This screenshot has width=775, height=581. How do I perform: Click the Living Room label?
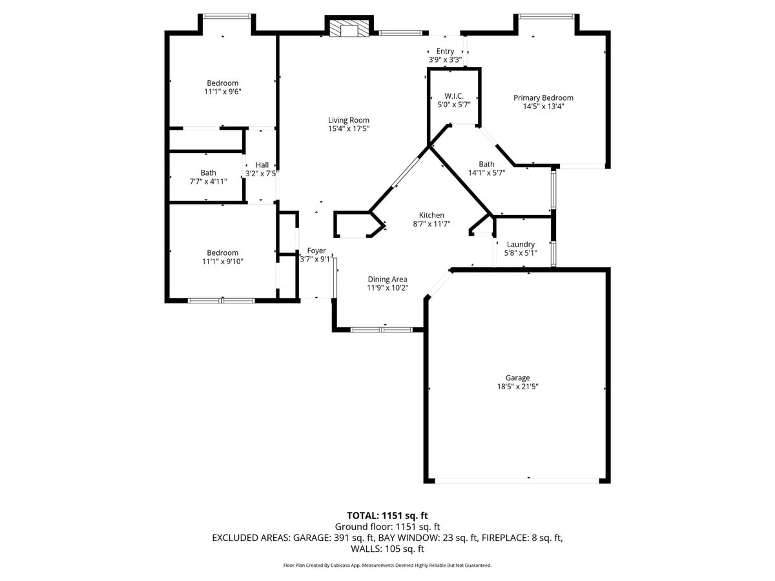tap(349, 120)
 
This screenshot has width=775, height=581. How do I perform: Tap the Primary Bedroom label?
tap(543, 98)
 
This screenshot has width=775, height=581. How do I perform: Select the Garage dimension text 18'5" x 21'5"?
tap(517, 387)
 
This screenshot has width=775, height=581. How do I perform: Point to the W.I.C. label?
tap(454, 96)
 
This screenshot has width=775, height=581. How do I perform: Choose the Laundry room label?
tap(521, 244)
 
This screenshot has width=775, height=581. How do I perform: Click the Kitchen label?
tap(431, 215)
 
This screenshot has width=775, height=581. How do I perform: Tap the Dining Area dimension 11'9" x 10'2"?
tap(387, 288)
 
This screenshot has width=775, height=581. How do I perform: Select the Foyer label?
tap(316, 250)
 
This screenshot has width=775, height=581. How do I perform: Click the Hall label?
tap(262, 165)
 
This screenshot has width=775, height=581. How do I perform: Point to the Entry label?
tap(445, 51)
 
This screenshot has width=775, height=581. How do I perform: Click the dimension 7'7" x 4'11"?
tap(208, 181)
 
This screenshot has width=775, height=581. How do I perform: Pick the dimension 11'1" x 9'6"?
tap(222, 92)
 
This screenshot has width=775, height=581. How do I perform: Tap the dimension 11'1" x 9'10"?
tap(222, 261)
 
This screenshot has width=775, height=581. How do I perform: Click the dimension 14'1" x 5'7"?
tap(486, 172)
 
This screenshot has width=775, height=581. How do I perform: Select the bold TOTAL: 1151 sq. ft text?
tap(387, 515)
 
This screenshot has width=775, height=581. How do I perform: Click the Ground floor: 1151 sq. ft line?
tap(387, 527)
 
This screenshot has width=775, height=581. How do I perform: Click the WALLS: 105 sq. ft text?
tap(387, 549)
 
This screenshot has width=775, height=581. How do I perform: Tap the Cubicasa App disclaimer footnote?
tap(387, 566)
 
